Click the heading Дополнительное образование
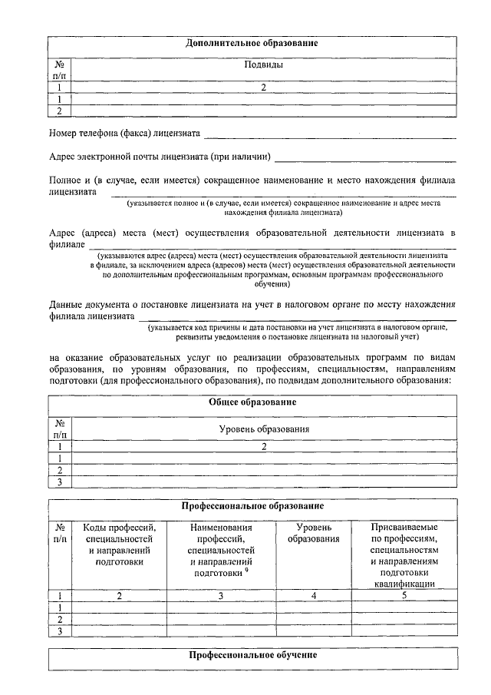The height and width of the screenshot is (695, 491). tap(252, 44)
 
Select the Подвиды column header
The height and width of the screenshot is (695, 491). tap(263, 65)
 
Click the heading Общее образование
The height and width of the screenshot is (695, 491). tap(252, 402)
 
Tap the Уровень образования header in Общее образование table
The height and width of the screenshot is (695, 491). tap(263, 429)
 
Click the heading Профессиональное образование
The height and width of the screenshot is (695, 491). tap(252, 506)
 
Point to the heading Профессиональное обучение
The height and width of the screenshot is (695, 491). tap(252, 656)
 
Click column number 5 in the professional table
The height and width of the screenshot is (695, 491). tap(404, 595)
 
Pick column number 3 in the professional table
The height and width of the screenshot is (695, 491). tap(221, 595)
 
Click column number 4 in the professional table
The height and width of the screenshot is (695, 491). tap(313, 595)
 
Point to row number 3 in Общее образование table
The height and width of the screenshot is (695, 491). tap(60, 482)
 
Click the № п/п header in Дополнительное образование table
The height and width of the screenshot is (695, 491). tap(60, 71)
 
